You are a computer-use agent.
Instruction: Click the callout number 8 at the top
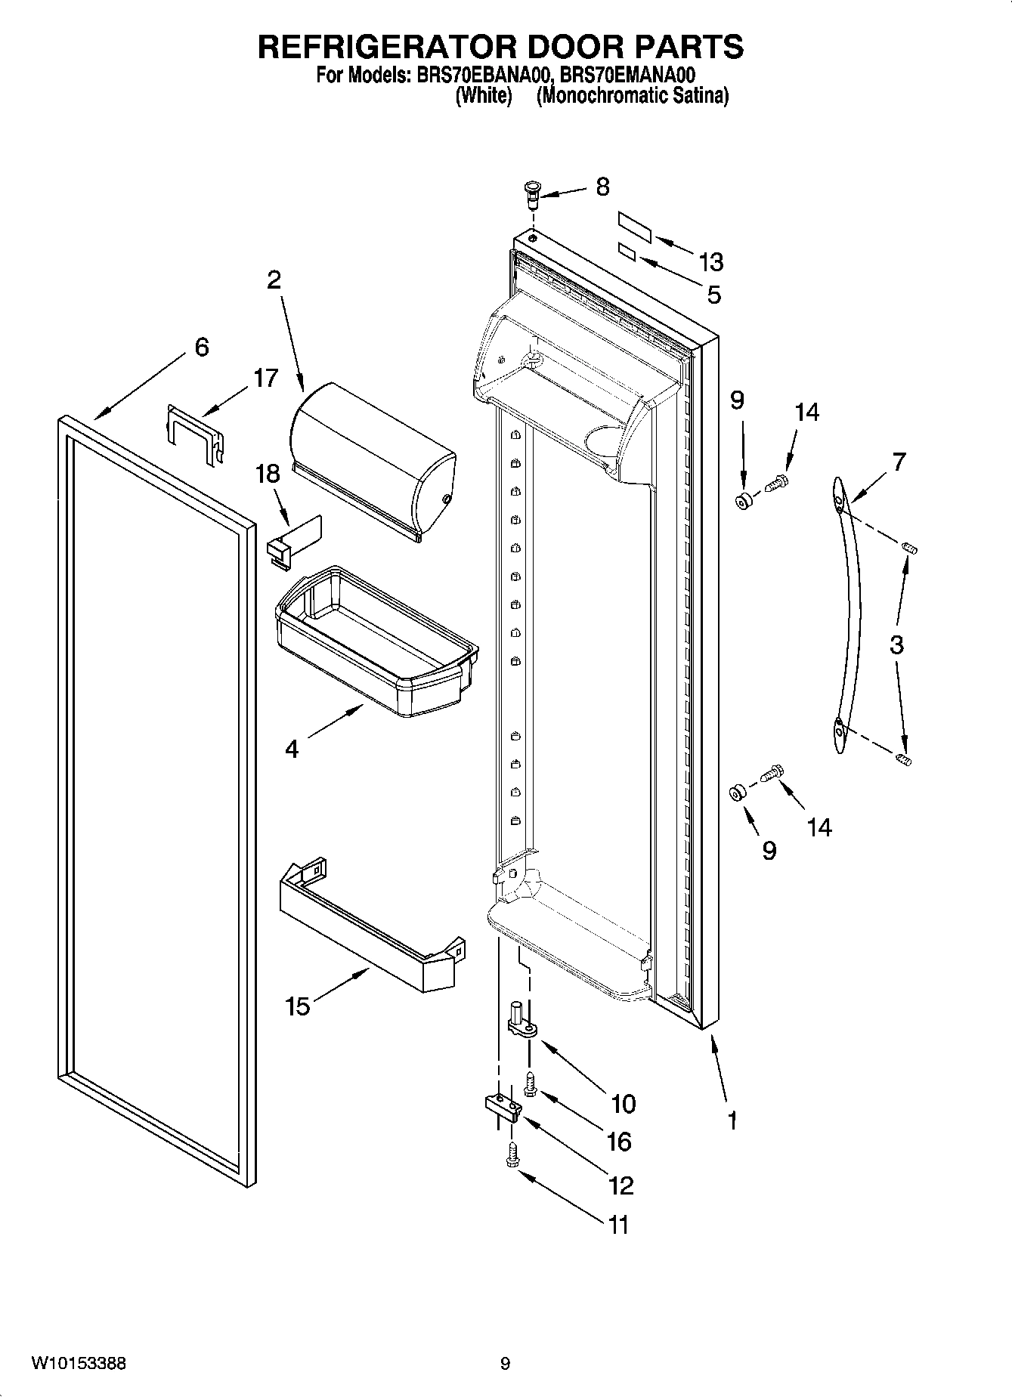tap(602, 187)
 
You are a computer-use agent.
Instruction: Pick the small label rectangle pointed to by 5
tap(627, 251)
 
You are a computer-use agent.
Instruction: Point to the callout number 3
tap(896, 645)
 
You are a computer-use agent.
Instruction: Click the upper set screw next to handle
tap(910, 547)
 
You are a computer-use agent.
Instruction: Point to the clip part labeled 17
tap(195, 434)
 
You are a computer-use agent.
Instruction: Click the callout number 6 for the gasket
tap(201, 347)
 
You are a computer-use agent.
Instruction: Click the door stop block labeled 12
tap(504, 1108)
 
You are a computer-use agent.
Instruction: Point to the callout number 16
tap(618, 1141)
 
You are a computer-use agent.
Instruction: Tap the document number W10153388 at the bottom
tap(79, 1363)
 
